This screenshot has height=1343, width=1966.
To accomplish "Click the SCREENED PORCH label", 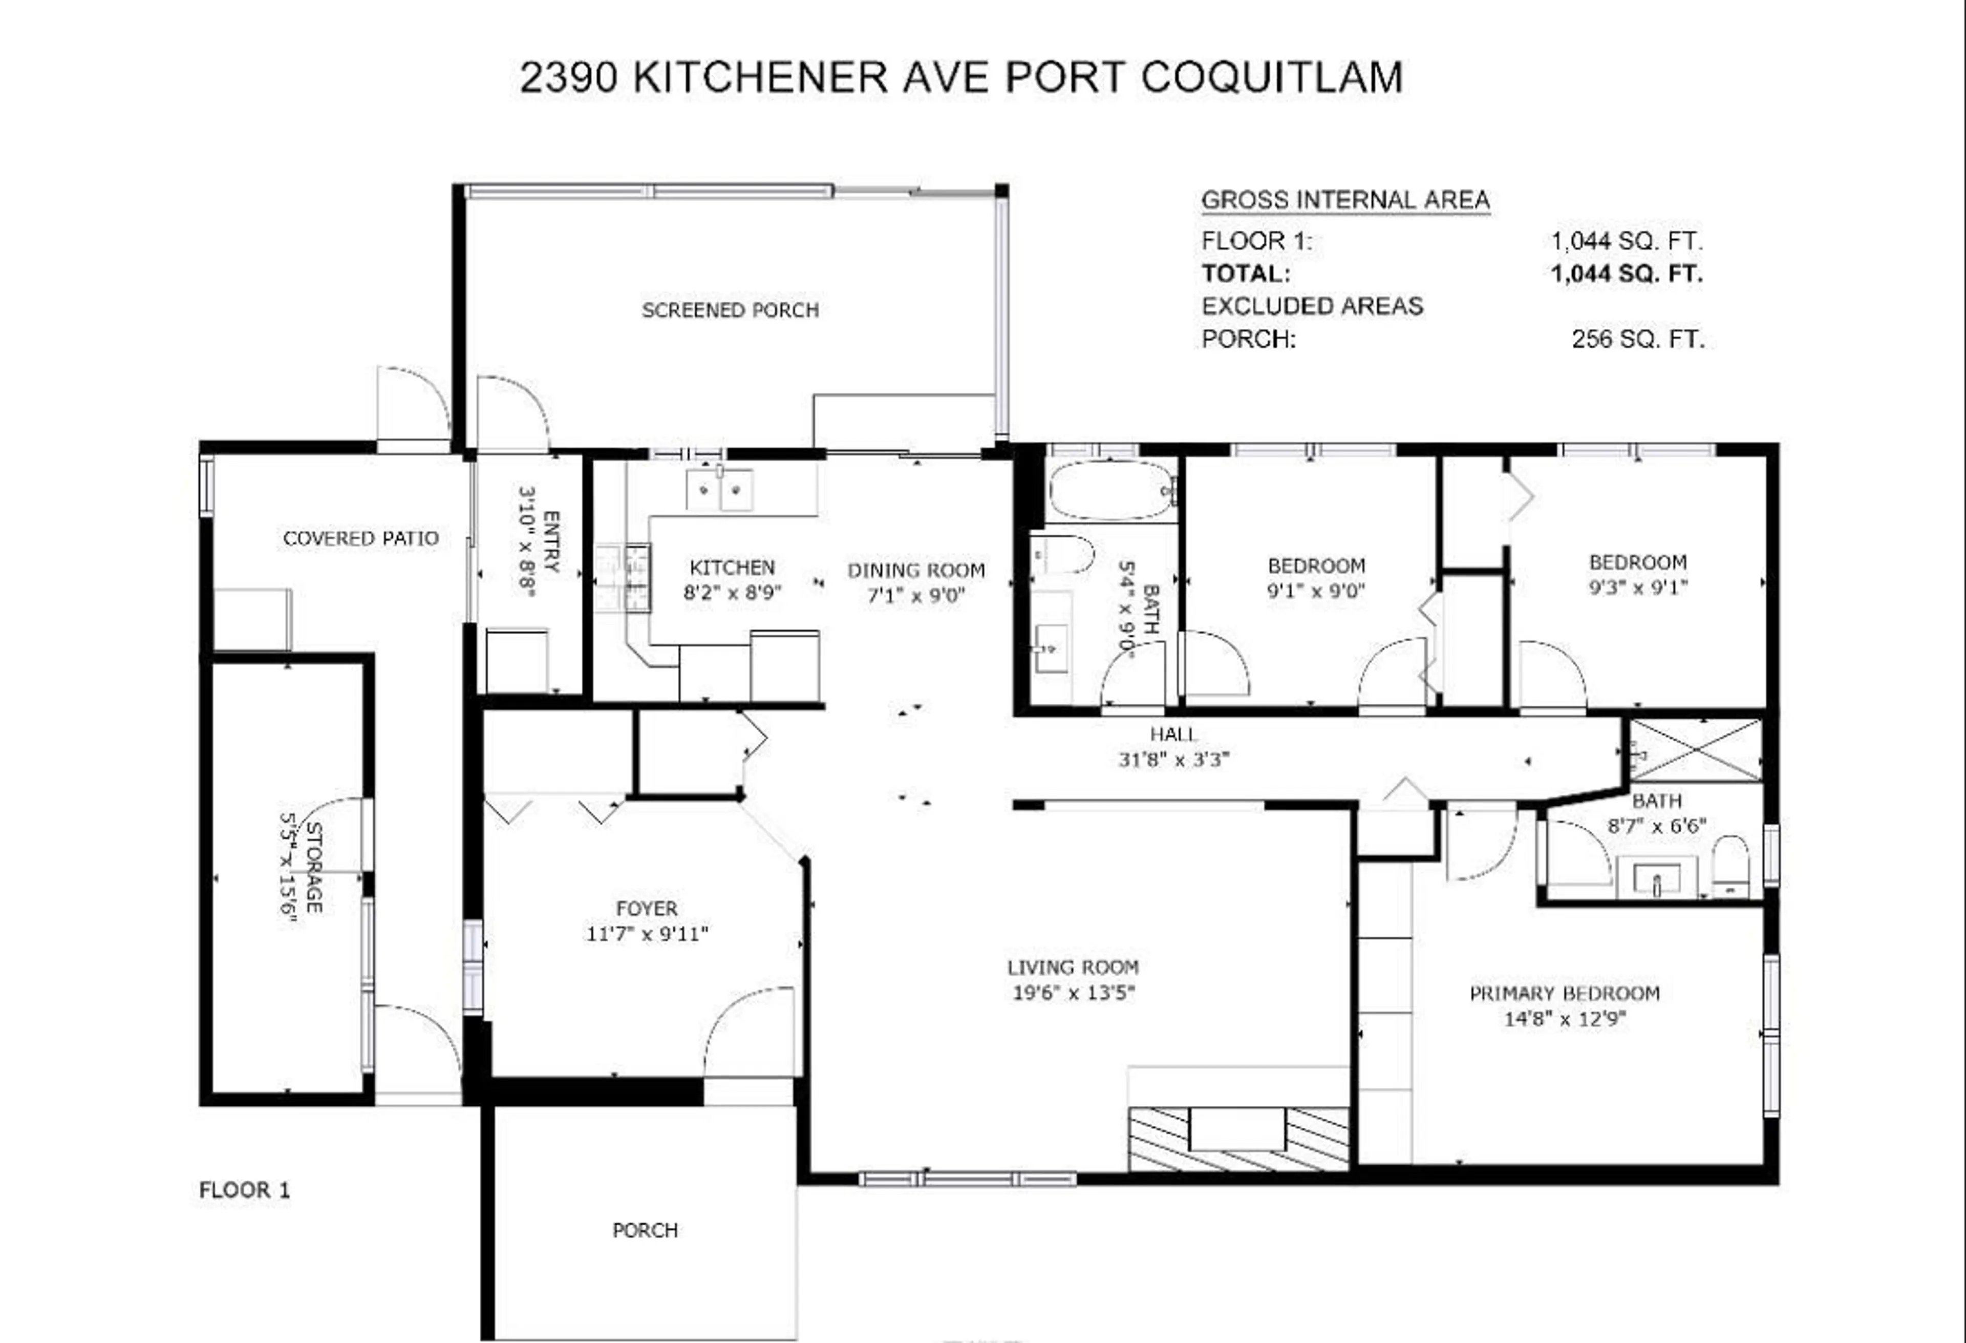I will pyautogui.click(x=730, y=310).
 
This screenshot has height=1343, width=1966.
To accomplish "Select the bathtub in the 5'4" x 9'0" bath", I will pyautogui.click(x=1110, y=490).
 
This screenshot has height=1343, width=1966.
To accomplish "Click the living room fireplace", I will pyautogui.click(x=1238, y=1138).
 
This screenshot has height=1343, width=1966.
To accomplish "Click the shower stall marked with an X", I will pyautogui.click(x=1695, y=750).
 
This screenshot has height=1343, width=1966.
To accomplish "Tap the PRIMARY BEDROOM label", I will pyautogui.click(x=1564, y=994).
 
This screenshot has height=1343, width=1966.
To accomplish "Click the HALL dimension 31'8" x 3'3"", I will pyautogui.click(x=1173, y=760).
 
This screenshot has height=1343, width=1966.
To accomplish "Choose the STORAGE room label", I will pyautogui.click(x=313, y=867).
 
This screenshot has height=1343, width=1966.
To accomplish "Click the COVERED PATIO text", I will pyautogui.click(x=360, y=539).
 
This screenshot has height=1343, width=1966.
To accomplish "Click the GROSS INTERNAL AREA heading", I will pyautogui.click(x=1345, y=201).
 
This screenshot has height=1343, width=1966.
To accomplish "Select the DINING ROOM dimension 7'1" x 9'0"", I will pyautogui.click(x=916, y=596).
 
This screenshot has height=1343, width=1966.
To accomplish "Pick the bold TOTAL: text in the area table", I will pyautogui.click(x=1246, y=274).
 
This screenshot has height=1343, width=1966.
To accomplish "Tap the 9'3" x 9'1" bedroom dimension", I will pyautogui.click(x=1638, y=587).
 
